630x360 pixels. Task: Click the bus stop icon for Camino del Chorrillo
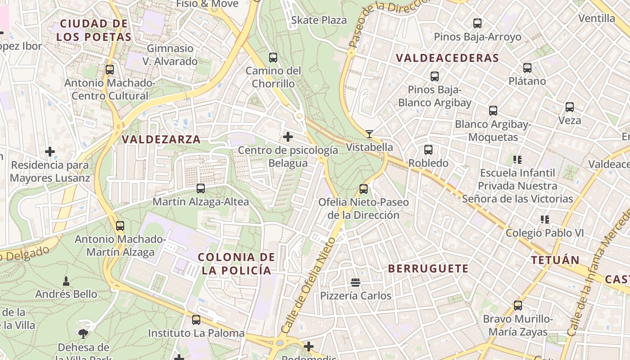tap(273, 58)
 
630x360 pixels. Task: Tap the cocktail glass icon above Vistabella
tap(369, 134)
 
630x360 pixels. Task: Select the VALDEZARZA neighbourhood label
tap(161, 139)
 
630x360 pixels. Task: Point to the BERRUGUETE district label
tap(428, 269)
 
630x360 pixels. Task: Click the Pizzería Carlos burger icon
tap(355, 283)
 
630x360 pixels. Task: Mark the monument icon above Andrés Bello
tap(66, 281)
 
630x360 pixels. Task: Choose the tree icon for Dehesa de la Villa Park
tap(83, 333)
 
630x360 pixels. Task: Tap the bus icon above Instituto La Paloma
tap(196, 320)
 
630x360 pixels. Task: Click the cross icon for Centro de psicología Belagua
tap(288, 137)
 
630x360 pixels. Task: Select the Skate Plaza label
tap(319, 20)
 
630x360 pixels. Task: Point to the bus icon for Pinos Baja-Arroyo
tap(477, 23)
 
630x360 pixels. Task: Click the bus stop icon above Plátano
tap(527, 68)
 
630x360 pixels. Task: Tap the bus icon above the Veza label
tap(570, 107)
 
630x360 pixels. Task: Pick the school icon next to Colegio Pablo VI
tap(545, 220)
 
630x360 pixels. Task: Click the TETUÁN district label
tap(555, 260)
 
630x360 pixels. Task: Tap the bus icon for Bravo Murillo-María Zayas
tap(518, 306)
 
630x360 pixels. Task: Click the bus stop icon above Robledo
tap(428, 150)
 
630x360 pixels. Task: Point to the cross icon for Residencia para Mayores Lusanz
tap(50, 152)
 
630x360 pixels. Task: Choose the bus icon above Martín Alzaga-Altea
tap(201, 189)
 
